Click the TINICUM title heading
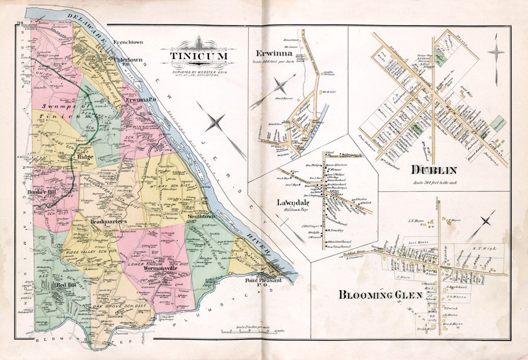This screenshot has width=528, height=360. coord(198,56)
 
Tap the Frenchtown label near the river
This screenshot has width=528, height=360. coord(128,43)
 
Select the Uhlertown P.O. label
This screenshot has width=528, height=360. coord(127,63)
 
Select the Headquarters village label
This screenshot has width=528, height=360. coord(109,221)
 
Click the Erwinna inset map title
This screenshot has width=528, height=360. coord(273,53)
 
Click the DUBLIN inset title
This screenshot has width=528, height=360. coord(433,170)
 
